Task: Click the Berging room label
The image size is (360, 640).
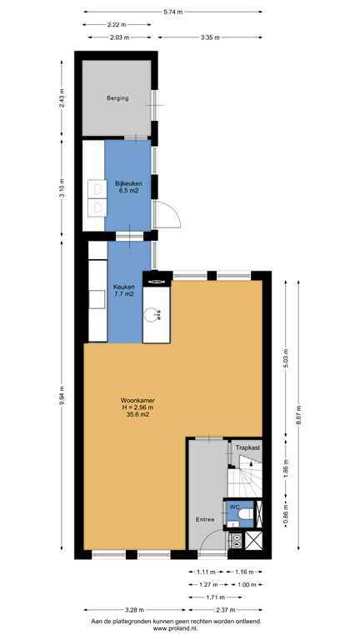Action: click(x=117, y=98)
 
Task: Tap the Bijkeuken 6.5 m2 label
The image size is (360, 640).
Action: click(x=127, y=187)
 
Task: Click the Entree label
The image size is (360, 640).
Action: click(x=205, y=519)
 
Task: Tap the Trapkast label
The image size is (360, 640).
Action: click(x=247, y=447)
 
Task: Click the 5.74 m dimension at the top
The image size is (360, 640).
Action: click(x=173, y=12)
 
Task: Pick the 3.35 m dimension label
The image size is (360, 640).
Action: click(x=210, y=37)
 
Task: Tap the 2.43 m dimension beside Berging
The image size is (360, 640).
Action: click(x=62, y=97)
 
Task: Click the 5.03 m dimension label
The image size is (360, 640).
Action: click(x=286, y=359)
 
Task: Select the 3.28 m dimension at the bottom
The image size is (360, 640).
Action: click(x=133, y=610)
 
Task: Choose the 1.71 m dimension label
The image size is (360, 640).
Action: click(x=216, y=597)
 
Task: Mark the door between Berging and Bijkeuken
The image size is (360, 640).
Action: click(x=135, y=137)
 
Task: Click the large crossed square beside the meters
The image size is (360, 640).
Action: click(x=253, y=540)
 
